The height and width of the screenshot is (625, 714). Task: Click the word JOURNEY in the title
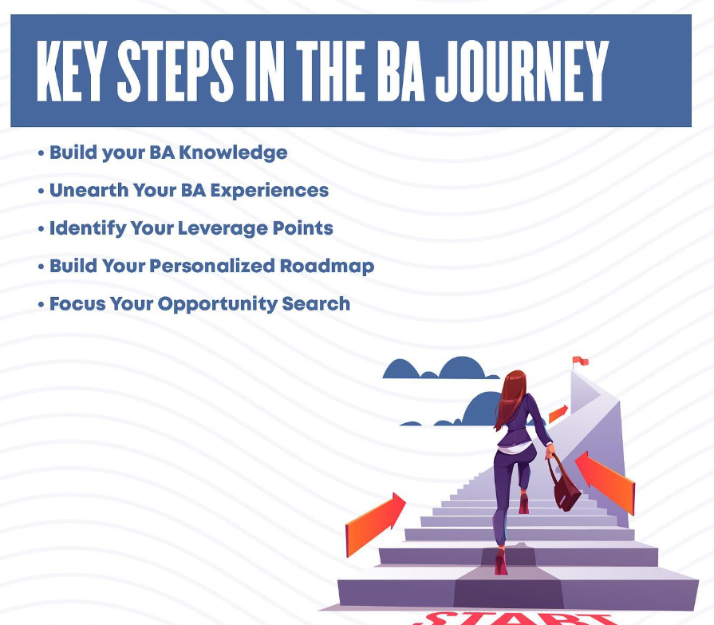pyautogui.click(x=522, y=70)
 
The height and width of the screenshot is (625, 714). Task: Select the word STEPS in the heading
pyautogui.click(x=176, y=70)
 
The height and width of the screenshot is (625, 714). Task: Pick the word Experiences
pyautogui.click(x=270, y=192)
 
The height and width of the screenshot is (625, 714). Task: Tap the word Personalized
pyautogui.click(x=212, y=266)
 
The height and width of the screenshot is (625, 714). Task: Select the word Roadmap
pyautogui.click(x=327, y=267)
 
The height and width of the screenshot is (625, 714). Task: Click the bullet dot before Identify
pyautogui.click(x=41, y=228)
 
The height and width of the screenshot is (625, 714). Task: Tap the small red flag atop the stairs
pyautogui.click(x=581, y=362)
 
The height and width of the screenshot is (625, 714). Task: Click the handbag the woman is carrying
pyautogui.click(x=565, y=487)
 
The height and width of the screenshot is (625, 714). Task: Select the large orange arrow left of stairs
pyautogui.click(x=375, y=524)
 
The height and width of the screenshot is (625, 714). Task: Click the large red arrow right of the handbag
pyautogui.click(x=606, y=482)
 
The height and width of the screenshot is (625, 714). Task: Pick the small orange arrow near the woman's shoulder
pyautogui.click(x=558, y=413)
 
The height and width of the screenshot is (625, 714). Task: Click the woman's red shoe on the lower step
pyautogui.click(x=500, y=561)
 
